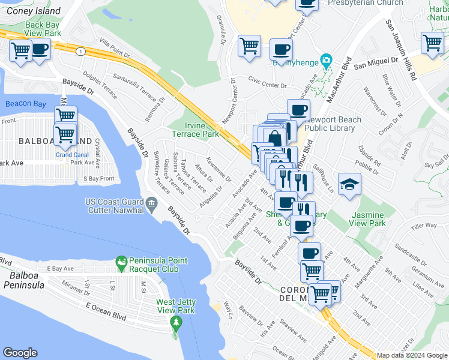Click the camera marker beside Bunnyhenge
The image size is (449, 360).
pos(326,60)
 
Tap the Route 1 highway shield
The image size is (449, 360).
pos(79,52)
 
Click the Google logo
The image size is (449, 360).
pos(20,353)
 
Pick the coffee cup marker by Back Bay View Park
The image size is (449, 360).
pos(40,50)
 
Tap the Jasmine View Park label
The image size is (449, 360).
pos(369,218)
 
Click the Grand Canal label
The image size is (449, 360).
pos(72,154)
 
